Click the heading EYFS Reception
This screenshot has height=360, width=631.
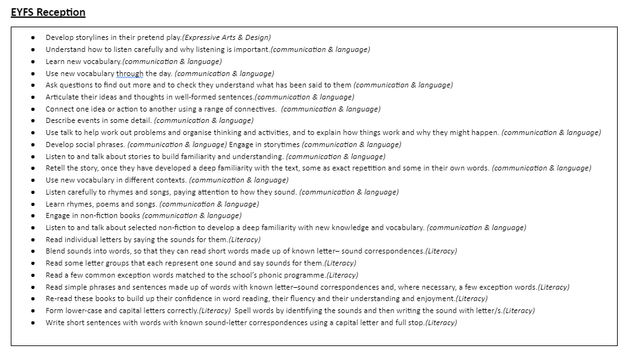48,13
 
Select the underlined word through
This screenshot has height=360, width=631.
130,74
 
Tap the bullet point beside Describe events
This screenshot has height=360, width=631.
32,121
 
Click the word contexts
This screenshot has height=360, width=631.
169,180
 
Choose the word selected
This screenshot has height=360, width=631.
132,228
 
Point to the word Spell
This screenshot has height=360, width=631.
245,311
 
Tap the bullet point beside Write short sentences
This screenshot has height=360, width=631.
32,323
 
